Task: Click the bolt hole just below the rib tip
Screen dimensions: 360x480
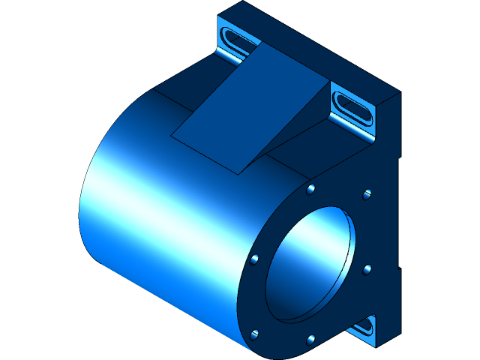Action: point(310,188)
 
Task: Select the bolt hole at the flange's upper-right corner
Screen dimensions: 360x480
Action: point(367,195)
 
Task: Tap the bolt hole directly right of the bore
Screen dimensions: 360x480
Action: point(367,268)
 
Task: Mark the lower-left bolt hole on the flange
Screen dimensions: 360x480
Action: point(255,332)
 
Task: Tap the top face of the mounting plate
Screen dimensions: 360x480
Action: point(315,45)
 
